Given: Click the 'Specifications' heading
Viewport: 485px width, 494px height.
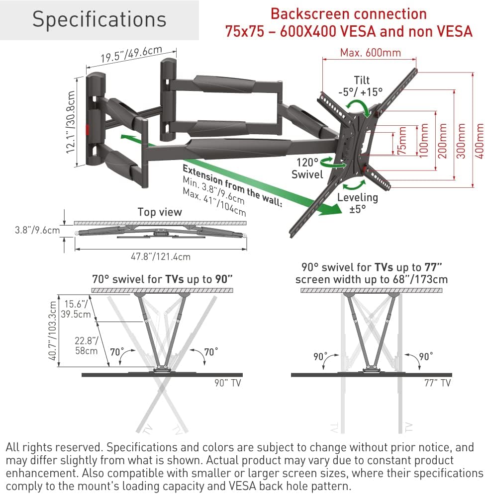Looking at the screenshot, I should click(99, 19).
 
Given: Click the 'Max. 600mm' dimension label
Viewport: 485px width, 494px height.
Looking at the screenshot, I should click(371, 52).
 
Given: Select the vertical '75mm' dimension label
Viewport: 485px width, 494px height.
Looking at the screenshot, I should click(402, 142).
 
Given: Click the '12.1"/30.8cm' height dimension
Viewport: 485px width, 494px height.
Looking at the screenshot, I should click(73, 121).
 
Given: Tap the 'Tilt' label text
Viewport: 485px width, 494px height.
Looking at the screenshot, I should click(362, 80).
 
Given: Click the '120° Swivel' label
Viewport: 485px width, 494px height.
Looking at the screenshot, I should click(308, 168).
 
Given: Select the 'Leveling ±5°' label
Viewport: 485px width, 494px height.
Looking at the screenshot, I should click(357, 203).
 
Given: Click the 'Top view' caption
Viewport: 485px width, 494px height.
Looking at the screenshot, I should click(160, 212).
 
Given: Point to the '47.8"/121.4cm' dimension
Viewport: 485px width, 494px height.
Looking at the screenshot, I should click(160, 256).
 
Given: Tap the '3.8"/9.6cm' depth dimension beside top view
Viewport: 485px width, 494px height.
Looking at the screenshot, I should click(31, 230).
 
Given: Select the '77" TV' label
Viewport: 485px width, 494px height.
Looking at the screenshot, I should click(438, 383).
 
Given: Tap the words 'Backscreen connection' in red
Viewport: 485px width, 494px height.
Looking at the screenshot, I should click(348, 13).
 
